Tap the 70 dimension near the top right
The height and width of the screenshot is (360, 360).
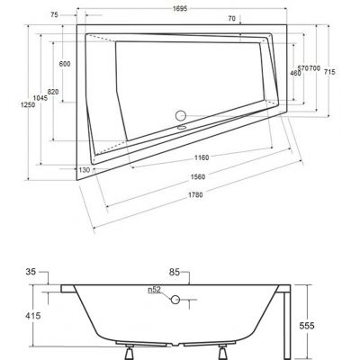232,18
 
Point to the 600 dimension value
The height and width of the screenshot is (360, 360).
65,64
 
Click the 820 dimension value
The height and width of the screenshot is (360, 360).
53,93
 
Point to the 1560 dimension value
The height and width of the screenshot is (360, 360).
186,176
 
